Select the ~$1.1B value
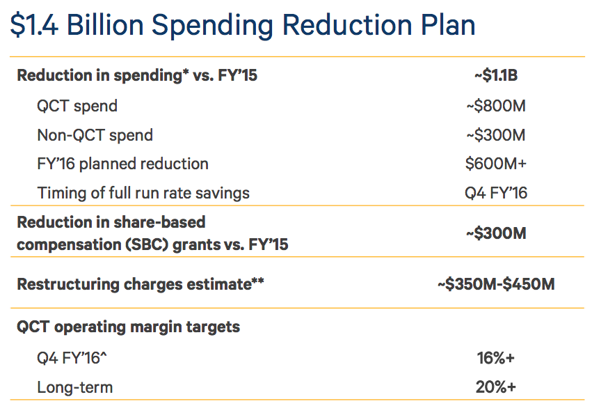click(x=496, y=75)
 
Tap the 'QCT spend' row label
click(x=77, y=106)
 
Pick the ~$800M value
click(x=496, y=106)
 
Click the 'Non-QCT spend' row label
click(x=95, y=135)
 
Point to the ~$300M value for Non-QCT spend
click(x=496, y=135)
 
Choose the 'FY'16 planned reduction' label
click(x=123, y=164)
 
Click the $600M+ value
click(x=496, y=164)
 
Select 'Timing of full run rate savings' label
click(x=143, y=193)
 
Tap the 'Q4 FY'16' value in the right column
click(x=496, y=193)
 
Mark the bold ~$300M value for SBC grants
click(x=496, y=233)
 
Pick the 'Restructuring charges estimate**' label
click(x=141, y=284)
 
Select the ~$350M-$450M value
click(x=496, y=284)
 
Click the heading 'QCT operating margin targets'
click(x=128, y=327)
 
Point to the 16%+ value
click(x=496, y=358)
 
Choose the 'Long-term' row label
click(x=75, y=387)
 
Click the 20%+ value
click(x=496, y=387)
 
